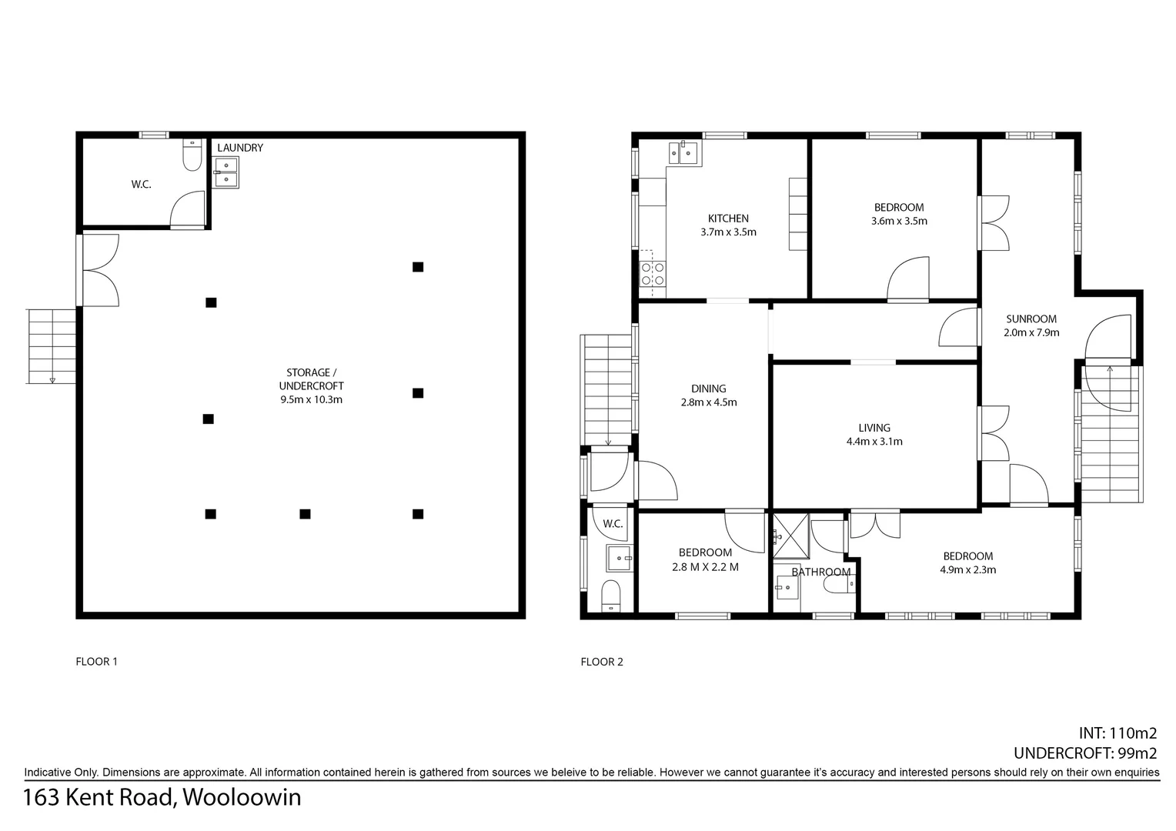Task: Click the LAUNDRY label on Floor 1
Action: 239,148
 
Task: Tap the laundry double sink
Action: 226,173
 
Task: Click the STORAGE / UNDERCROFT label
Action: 311,379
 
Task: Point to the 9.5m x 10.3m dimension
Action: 311,399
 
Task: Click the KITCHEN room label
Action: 728,219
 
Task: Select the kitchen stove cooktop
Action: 653,274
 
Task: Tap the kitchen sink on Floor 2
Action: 683,153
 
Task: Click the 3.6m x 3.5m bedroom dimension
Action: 898,221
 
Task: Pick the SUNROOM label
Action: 1031,319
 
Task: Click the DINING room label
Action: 708,389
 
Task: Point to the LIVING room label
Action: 874,428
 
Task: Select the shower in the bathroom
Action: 790,535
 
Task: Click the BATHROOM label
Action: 820,572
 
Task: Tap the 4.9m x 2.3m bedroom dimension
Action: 967,570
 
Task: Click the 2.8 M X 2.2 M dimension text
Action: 704,567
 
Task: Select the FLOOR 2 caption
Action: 602,662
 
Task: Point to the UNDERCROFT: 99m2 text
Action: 1085,753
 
